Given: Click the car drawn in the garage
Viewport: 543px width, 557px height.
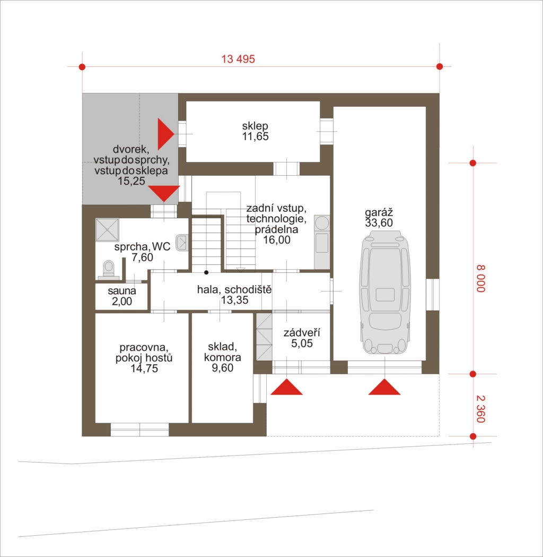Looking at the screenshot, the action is pyautogui.click(x=385, y=293).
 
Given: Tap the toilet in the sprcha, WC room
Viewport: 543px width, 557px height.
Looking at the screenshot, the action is pyautogui.click(x=109, y=269).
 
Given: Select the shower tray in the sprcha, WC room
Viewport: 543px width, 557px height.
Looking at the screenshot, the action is pyautogui.click(x=107, y=230).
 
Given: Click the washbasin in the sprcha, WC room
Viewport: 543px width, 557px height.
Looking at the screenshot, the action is pyautogui.click(x=181, y=243).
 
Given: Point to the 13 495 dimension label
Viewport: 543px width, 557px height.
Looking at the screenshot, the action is pyautogui.click(x=238, y=59).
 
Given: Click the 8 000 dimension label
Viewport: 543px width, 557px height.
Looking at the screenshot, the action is pyautogui.click(x=480, y=278).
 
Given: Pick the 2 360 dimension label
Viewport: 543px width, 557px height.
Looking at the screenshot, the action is pyautogui.click(x=480, y=409).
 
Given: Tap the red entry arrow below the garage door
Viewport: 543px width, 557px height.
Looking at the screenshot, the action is pyautogui.click(x=384, y=387).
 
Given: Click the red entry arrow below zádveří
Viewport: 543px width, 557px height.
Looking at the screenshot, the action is pyautogui.click(x=286, y=387).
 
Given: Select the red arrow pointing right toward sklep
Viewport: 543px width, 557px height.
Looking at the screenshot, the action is pyautogui.click(x=165, y=134).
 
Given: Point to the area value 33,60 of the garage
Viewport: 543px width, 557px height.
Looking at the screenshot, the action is pyautogui.click(x=379, y=222).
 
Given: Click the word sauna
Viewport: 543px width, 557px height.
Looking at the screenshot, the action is pyautogui.click(x=122, y=291).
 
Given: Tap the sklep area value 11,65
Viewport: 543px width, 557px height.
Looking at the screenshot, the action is pyautogui.click(x=256, y=136).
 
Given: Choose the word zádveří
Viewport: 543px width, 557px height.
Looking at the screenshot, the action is pyautogui.click(x=302, y=333).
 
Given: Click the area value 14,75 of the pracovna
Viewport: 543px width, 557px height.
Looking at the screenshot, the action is pyautogui.click(x=144, y=369).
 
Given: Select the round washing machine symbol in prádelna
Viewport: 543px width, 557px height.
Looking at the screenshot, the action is pyautogui.click(x=322, y=223).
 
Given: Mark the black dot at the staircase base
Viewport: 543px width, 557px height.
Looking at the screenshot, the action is pyautogui.click(x=206, y=272).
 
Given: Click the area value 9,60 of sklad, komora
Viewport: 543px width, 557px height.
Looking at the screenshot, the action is pyautogui.click(x=223, y=367).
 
